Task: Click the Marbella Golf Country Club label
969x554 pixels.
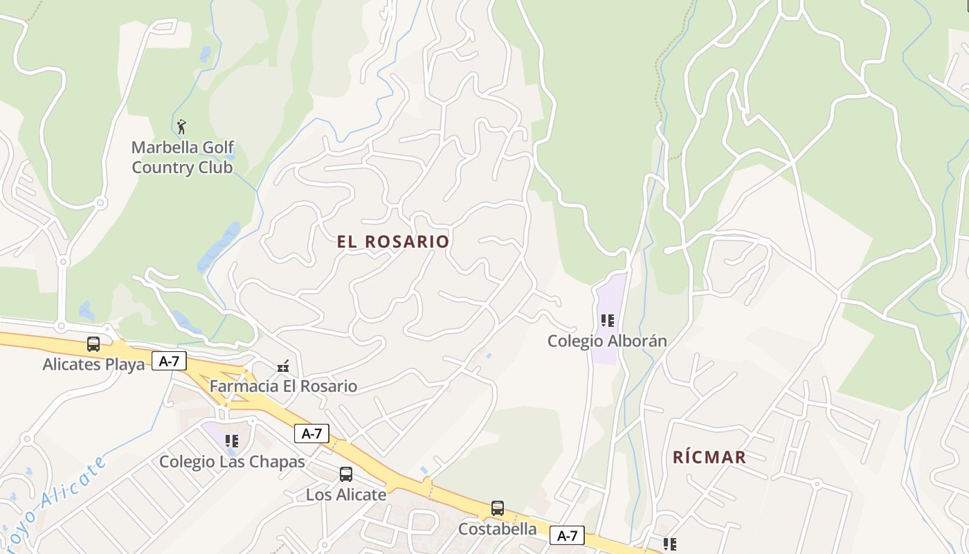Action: click(183, 157)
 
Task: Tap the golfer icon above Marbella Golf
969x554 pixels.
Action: click(181, 127)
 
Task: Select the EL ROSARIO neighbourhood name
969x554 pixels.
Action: click(393, 242)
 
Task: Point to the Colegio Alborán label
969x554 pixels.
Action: click(607, 341)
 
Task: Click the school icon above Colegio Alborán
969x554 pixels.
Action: click(607, 321)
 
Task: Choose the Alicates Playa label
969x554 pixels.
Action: click(93, 364)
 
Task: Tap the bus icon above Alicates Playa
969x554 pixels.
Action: click(93, 344)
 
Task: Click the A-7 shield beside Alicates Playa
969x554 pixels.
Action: click(170, 361)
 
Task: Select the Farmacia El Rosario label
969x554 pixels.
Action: click(283, 386)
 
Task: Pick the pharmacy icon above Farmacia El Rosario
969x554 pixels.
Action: click(282, 366)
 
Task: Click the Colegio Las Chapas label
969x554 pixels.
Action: click(232, 461)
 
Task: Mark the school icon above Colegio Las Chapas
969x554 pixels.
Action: click(232, 441)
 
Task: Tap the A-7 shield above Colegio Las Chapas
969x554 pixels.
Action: click(311, 434)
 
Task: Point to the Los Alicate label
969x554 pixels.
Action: click(346, 494)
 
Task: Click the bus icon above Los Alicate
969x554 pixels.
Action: click(346, 474)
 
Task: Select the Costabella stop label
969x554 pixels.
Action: click(497, 528)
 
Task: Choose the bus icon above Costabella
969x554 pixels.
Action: click(497, 508)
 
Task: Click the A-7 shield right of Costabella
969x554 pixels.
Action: click(567, 535)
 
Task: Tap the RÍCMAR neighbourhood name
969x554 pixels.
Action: click(709, 457)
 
